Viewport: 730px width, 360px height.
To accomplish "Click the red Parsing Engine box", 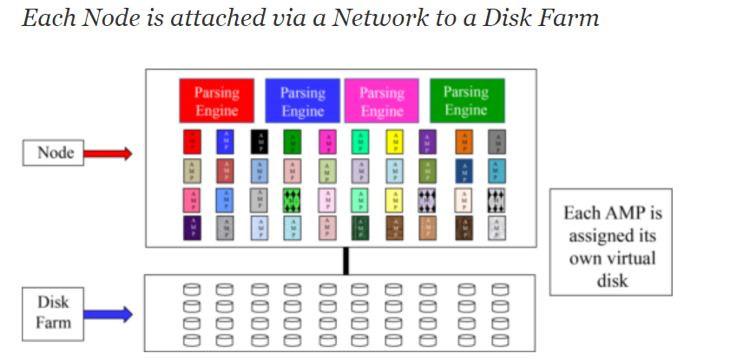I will coord(216,101).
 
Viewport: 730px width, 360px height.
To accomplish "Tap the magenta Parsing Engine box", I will coord(381,101).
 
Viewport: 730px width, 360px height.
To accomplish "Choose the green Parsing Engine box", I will coord(466,100).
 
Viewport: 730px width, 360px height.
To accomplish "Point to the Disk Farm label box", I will coord(52,314).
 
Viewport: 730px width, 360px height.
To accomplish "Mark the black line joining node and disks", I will coord(345,260).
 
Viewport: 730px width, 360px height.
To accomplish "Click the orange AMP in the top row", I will coord(464,141).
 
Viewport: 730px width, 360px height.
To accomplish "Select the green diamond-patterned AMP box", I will coord(293,200).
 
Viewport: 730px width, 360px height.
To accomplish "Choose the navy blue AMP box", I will coord(464,170).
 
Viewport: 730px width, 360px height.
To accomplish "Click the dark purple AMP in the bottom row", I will coord(192,228).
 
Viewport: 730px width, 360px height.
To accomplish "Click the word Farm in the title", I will coord(569,16).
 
